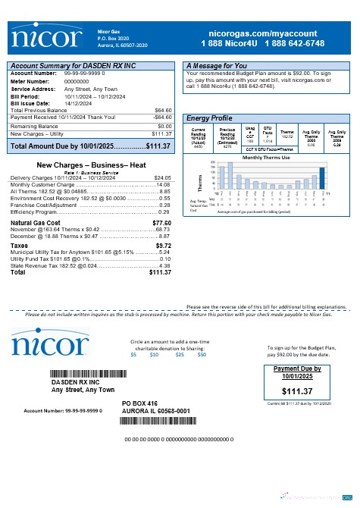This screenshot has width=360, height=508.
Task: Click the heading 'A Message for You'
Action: point(217,66)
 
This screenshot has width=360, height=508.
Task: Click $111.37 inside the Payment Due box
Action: point(296,390)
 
